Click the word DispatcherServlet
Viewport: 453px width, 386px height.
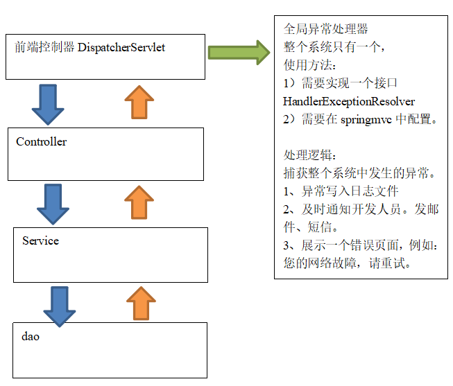click(x=121, y=48)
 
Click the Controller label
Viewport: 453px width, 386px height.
click(x=42, y=141)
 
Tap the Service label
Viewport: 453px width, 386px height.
click(x=40, y=240)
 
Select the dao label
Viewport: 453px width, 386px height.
click(x=31, y=336)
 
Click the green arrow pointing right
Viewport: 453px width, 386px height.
click(x=239, y=53)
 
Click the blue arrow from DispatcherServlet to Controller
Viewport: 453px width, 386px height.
click(x=48, y=105)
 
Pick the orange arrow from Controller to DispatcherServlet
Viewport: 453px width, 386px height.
click(x=139, y=102)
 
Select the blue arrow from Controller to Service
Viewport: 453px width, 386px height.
click(x=53, y=204)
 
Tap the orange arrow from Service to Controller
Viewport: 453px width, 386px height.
click(x=139, y=202)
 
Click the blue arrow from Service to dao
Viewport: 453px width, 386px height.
click(x=60, y=306)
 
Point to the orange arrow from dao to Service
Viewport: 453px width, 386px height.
click(x=141, y=303)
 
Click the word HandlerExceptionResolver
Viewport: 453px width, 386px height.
click(x=349, y=102)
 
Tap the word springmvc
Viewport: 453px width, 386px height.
click(x=366, y=119)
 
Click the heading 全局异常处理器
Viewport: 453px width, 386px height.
click(x=325, y=29)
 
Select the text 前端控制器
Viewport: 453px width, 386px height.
click(x=44, y=47)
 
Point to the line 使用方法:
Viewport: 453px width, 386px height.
click(x=309, y=65)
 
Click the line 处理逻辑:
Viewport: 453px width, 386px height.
click(x=309, y=155)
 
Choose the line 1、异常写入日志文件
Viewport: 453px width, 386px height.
click(x=341, y=191)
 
